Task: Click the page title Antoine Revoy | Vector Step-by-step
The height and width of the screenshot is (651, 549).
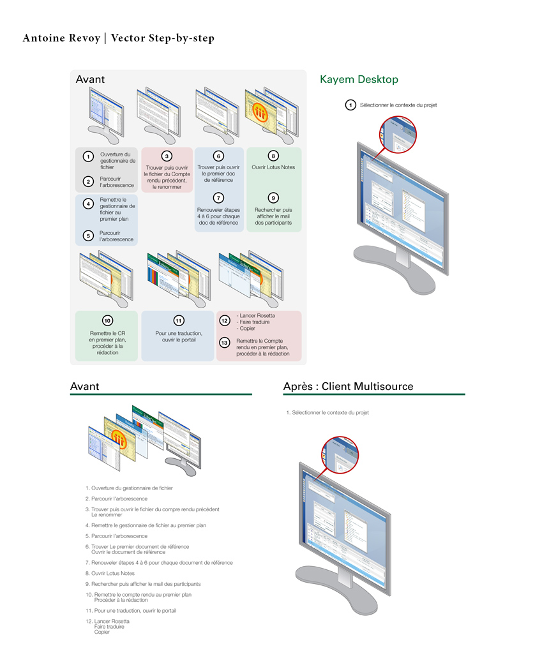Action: (x=118, y=38)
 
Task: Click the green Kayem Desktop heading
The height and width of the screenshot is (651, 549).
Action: (x=359, y=80)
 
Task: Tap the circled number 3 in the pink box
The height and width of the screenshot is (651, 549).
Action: (x=167, y=156)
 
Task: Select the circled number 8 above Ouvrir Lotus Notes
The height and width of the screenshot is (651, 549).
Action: (x=273, y=156)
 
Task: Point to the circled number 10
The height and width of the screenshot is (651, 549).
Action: (x=107, y=320)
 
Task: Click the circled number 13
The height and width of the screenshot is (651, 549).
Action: (x=224, y=342)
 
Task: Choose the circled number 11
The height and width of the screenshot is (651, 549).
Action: (x=178, y=320)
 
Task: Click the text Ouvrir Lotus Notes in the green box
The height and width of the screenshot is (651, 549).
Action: (x=273, y=168)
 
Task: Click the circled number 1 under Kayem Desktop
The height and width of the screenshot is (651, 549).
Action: (x=350, y=105)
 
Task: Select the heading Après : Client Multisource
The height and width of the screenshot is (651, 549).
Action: (x=348, y=387)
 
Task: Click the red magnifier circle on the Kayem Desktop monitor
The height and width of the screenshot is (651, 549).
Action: (x=398, y=134)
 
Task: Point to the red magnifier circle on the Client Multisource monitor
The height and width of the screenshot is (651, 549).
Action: (x=341, y=457)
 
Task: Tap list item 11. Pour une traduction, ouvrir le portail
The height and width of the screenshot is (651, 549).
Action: (x=131, y=610)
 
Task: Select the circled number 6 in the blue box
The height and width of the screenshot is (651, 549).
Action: (x=218, y=156)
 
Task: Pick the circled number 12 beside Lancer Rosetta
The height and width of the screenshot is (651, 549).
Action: (x=224, y=320)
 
